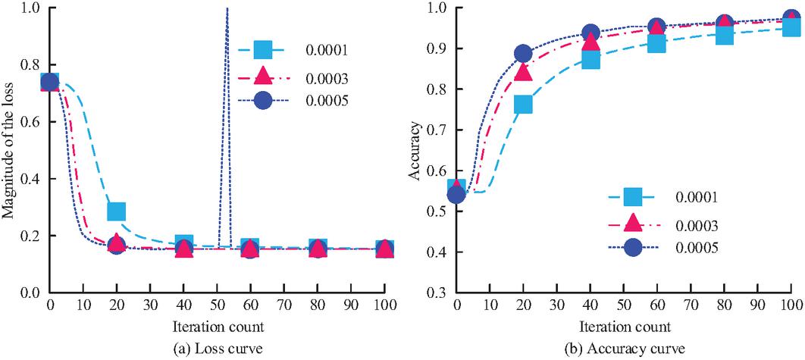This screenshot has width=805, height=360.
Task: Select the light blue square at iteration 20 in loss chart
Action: click(x=116, y=211)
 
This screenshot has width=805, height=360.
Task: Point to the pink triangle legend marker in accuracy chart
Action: click(x=633, y=224)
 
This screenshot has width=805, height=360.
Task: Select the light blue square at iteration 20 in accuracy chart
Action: click(x=523, y=105)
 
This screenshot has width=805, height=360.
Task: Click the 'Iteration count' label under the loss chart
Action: click(x=217, y=327)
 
